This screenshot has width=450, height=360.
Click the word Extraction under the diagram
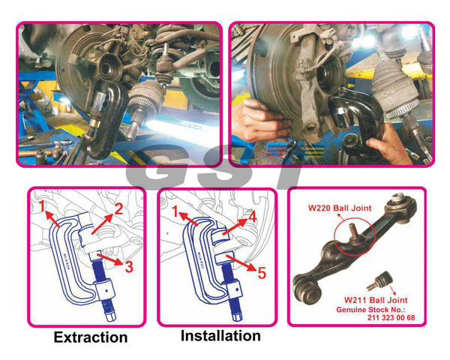(91, 337)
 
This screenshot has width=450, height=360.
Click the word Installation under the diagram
(220, 335)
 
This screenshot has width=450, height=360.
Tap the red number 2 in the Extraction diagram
(118, 208)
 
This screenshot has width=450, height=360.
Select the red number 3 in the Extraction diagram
(129, 266)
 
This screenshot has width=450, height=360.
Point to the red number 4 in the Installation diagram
(252, 217)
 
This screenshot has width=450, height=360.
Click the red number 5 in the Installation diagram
(262, 272)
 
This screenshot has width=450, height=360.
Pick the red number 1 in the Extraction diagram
(42, 205)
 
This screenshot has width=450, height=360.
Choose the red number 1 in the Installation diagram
(175, 211)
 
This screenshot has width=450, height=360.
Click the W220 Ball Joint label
(340, 208)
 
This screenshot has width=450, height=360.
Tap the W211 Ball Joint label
(376, 300)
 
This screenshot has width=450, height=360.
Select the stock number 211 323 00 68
(391, 317)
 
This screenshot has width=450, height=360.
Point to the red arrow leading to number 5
(241, 262)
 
